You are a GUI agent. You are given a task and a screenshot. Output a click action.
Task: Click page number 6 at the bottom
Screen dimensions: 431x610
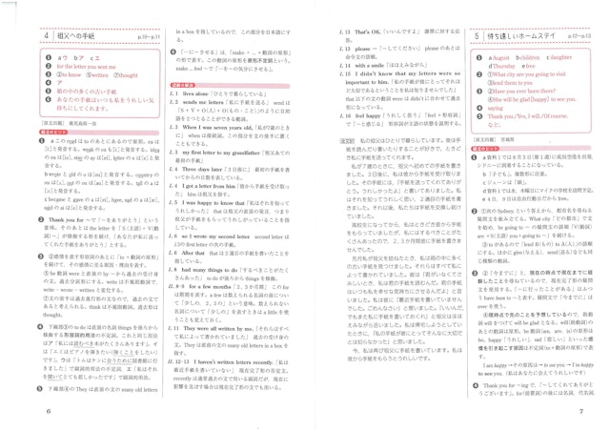[20, 411]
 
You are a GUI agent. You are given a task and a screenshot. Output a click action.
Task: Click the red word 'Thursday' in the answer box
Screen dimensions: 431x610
[501, 64]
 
